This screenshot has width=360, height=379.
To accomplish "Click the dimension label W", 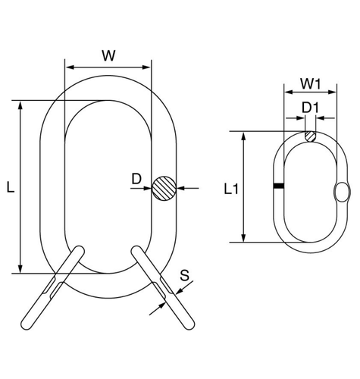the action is click(x=108, y=55).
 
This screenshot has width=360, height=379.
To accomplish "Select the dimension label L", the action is click(x=11, y=187).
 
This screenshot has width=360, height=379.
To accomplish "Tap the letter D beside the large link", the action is click(x=136, y=179).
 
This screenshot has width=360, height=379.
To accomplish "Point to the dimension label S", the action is click(x=185, y=275).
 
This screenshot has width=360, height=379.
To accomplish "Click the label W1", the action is click(x=311, y=83).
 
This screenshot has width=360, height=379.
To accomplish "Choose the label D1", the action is click(x=311, y=108).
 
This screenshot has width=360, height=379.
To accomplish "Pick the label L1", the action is click(x=231, y=189).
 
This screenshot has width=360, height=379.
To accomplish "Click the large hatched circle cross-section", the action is click(x=164, y=188).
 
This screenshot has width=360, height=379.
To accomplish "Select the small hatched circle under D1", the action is click(x=310, y=136).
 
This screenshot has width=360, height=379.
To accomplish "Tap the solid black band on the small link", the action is click(x=279, y=186).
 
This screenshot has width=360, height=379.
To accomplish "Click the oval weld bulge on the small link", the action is click(x=343, y=192).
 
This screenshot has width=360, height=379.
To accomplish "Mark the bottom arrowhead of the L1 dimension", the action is click(x=243, y=238).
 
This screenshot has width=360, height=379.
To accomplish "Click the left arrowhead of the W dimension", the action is click(x=70, y=67).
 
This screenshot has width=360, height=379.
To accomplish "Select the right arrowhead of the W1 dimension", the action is click(x=332, y=92).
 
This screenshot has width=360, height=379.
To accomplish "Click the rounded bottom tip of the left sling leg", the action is click(x=27, y=325).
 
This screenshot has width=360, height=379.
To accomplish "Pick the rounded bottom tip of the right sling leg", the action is click(x=189, y=325).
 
